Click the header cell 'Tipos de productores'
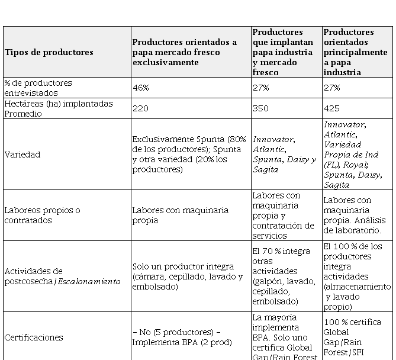coord(49,52)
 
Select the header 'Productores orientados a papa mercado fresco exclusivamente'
coord(185,52)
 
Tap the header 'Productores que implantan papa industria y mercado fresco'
coord(286,52)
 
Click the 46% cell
coord(141,88)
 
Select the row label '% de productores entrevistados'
coord(38,88)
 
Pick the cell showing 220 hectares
coord(141,108)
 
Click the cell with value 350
coord(260,108)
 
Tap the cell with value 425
coord(331,108)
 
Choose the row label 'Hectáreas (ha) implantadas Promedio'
coord(58,108)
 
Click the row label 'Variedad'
coord(22,155)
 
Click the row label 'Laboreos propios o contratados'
coord(42,215)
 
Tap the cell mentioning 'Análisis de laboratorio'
coord(356,215)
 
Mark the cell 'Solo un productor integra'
coord(187,277)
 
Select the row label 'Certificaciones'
coord(34,337)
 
